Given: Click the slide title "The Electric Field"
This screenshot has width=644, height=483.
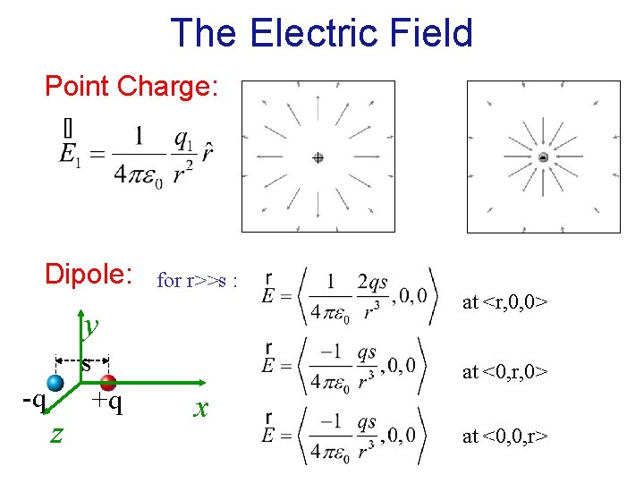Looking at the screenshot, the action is (321, 33).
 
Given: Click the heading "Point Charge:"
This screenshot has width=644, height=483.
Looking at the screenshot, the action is (131, 87).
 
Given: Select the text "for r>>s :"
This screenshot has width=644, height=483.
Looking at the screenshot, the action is (197, 281).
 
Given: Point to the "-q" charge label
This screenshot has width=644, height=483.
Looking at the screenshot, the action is (33, 400).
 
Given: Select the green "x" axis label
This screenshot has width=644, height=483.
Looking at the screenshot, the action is (202, 408).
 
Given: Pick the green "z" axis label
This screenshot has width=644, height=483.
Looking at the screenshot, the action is (56, 433).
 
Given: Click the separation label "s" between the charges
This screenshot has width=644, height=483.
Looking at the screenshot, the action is (86, 364).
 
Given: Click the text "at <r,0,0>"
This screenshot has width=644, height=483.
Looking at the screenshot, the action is (504, 302).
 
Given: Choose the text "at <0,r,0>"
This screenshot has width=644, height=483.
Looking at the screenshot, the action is (504, 371).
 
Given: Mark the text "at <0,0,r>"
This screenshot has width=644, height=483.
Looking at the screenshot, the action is (504, 436).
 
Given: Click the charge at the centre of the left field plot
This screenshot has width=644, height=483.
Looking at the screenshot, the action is (318, 157).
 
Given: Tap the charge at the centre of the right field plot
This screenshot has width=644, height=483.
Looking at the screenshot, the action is (543, 157).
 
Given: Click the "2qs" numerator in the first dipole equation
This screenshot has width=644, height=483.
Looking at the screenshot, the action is (371, 283).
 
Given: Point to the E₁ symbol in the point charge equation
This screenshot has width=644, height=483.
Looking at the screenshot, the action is (68, 152).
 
